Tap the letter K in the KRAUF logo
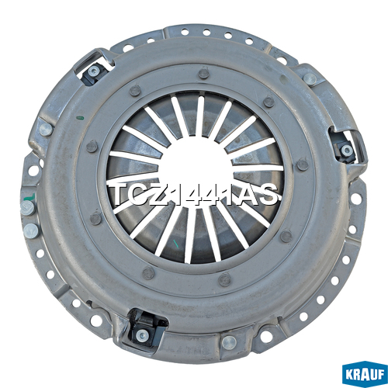point(349,375)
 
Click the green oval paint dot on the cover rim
point(81,118)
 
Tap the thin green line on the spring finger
point(176,244)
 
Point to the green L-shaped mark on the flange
point(29,197)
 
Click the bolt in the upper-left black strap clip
point(93,71)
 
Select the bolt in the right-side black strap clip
point(347,150)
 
